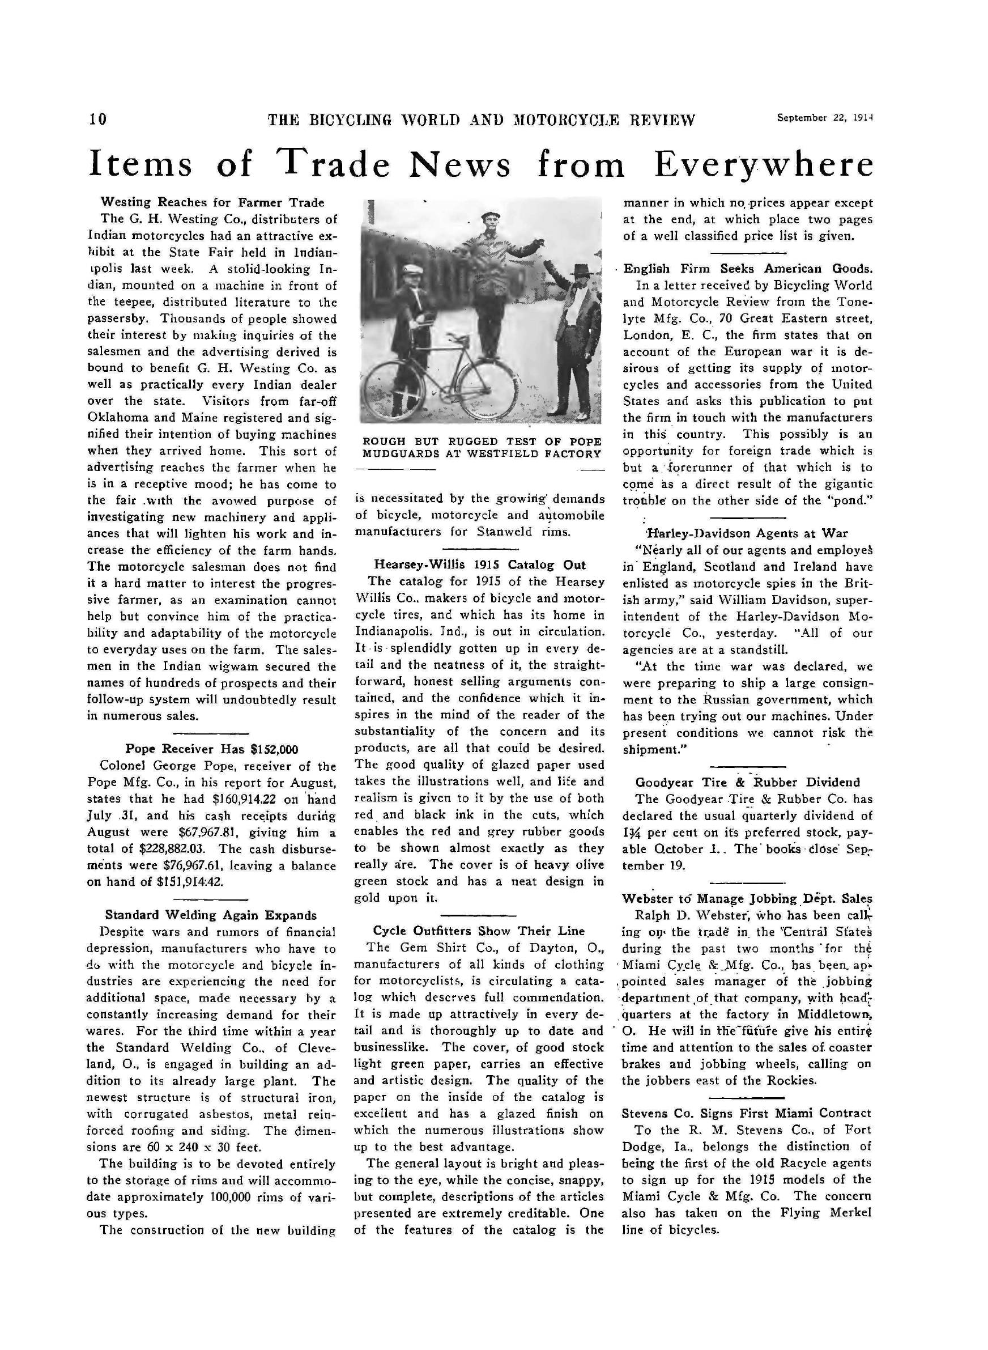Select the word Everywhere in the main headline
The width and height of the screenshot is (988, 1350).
pos(763,164)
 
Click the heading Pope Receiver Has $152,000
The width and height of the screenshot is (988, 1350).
pos(212,749)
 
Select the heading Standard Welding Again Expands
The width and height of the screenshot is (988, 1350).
pos(211,915)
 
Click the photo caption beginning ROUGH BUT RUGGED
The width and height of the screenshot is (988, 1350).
pos(482,448)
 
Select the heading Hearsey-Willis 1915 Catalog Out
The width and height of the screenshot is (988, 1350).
pos(480,564)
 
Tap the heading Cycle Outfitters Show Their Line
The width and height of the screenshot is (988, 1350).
pos(479,931)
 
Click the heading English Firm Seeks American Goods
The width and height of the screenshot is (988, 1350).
pos(748,269)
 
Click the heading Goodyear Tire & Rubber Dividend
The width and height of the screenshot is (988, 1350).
pos(748,782)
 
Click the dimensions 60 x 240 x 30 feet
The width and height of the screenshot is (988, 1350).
pos(180,1147)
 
